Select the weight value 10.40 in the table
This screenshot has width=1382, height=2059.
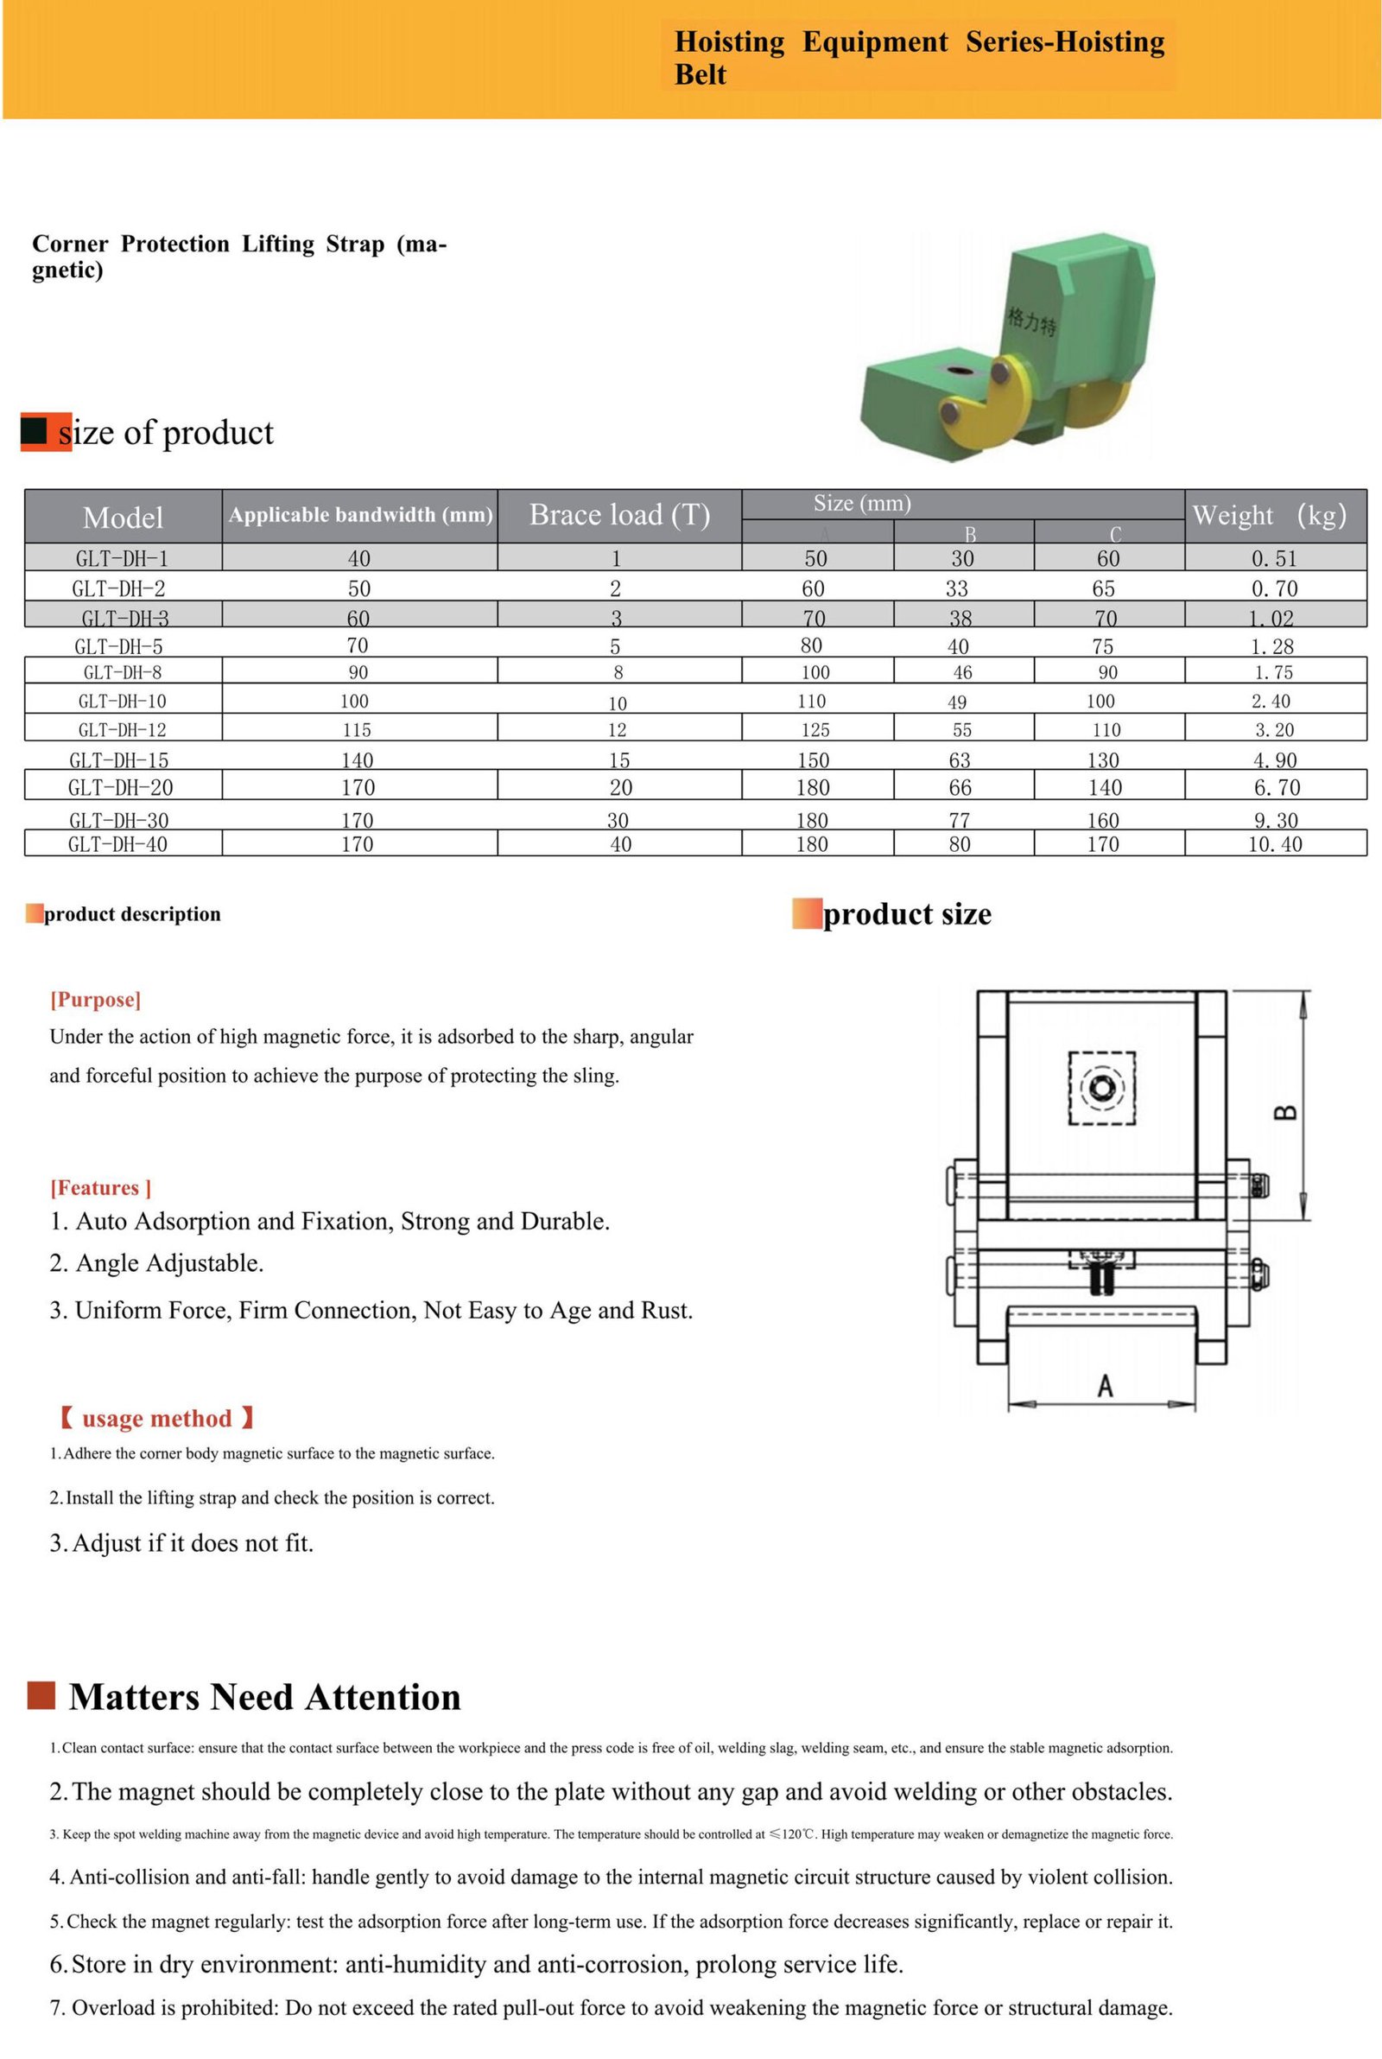point(1275,844)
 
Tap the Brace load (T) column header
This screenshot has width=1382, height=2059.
point(619,515)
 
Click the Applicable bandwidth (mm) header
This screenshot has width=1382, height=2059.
point(360,515)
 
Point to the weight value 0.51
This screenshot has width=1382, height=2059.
point(1275,558)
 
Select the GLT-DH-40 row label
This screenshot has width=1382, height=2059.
point(117,844)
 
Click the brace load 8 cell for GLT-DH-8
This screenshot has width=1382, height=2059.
point(618,672)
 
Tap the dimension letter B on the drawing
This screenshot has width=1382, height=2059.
point(1286,1112)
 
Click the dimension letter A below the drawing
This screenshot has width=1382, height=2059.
point(1105,1387)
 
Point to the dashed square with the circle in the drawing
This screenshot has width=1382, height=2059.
point(1102,1088)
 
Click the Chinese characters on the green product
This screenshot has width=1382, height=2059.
point(1031,321)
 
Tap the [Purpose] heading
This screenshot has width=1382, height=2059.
point(95,1000)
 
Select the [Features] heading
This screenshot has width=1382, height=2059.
point(100,1188)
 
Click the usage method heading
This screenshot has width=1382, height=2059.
point(157,1419)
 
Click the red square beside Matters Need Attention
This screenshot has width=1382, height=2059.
point(41,1695)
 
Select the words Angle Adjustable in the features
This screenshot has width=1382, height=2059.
point(169,1263)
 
